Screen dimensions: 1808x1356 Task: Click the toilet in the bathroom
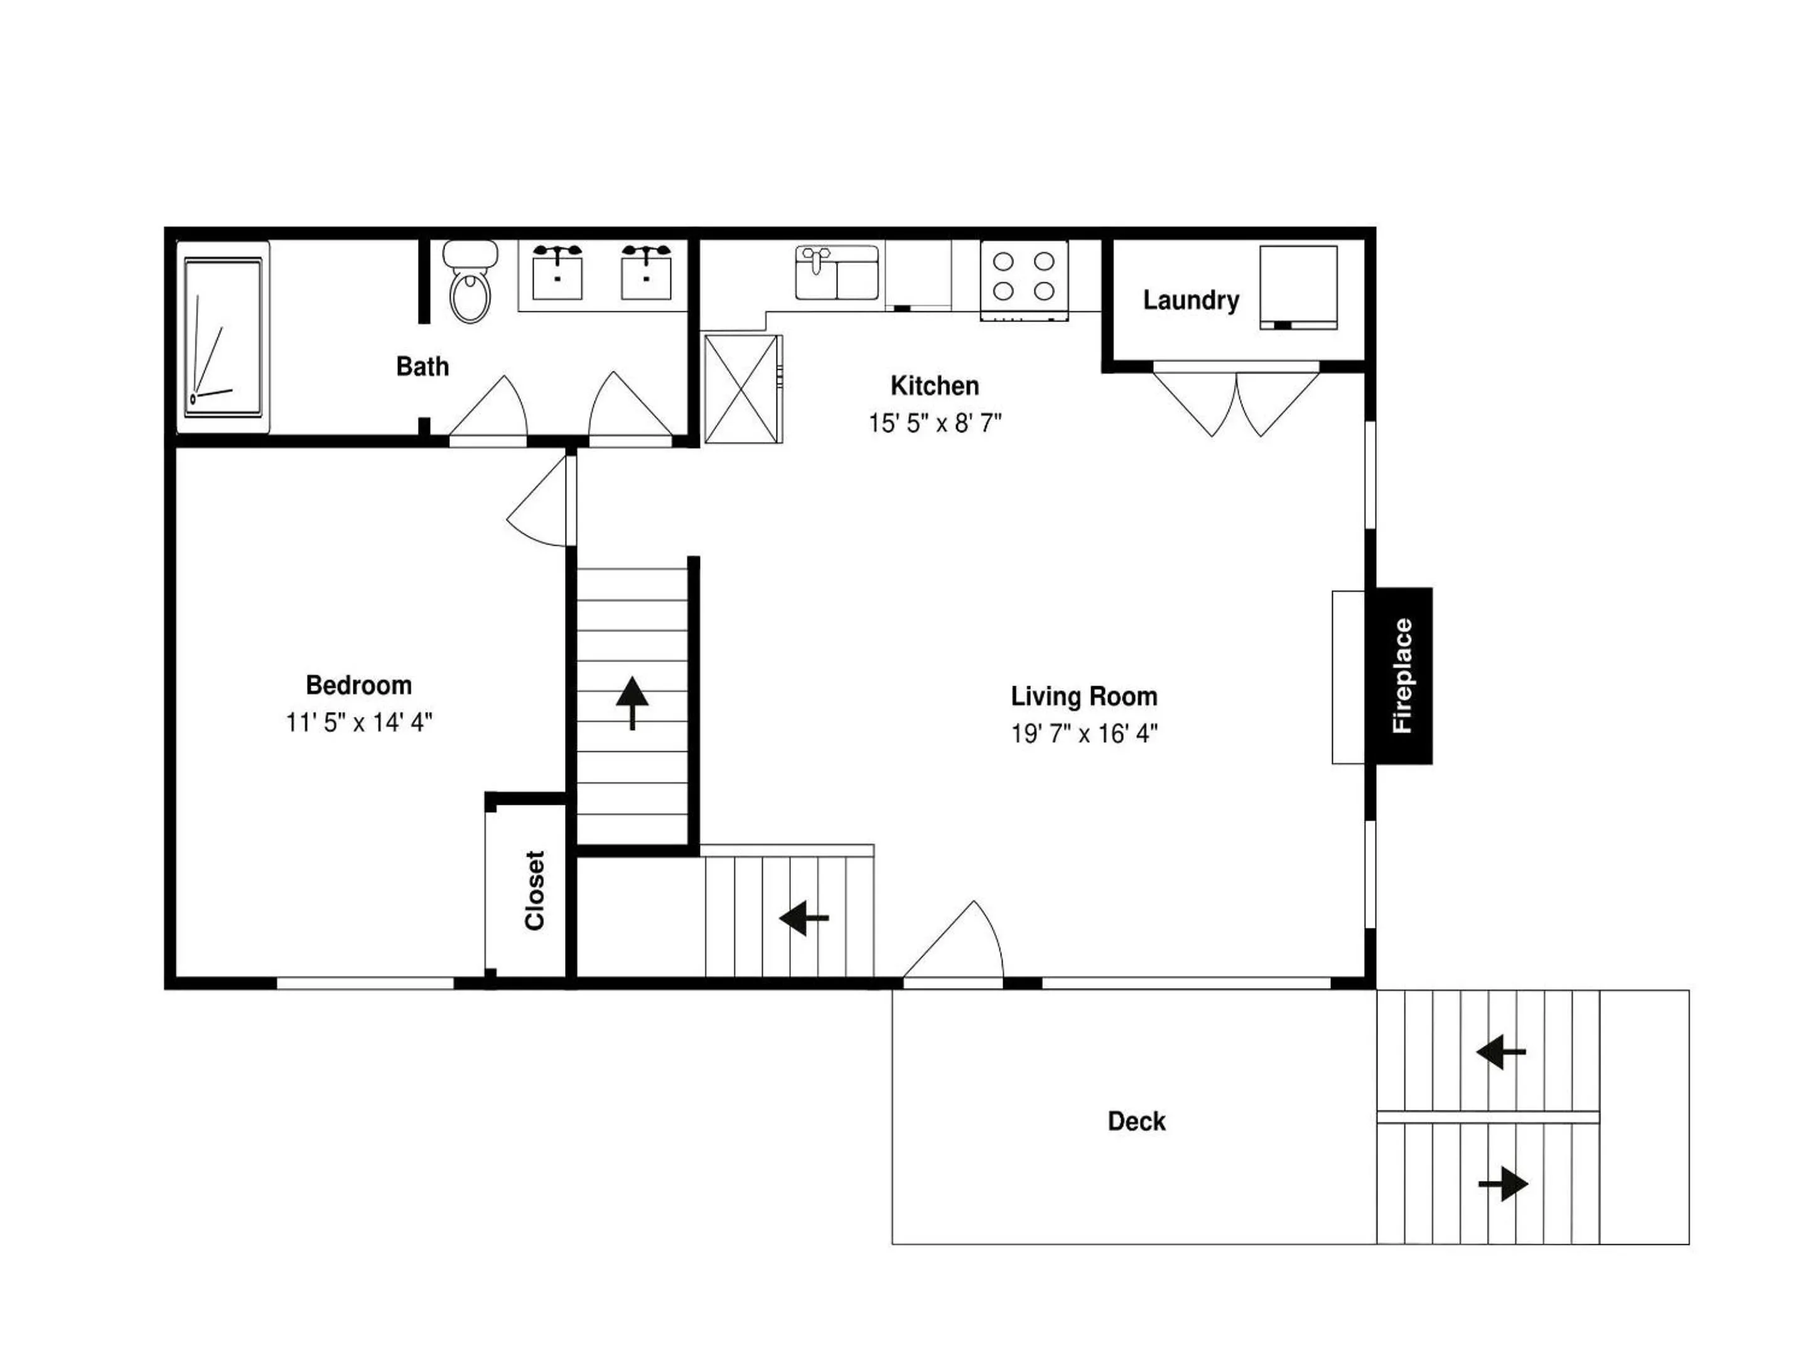pyautogui.click(x=470, y=281)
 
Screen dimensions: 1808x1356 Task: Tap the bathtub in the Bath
pyautogui.click(x=223, y=336)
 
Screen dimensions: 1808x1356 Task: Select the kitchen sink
pyautogui.click(x=836, y=272)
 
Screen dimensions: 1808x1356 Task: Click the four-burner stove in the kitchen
pyautogui.click(x=1024, y=279)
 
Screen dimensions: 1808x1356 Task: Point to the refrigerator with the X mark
pyautogui.click(x=743, y=389)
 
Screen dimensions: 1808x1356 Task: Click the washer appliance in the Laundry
pyautogui.click(x=1298, y=287)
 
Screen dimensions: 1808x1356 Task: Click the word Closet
pyautogui.click(x=535, y=890)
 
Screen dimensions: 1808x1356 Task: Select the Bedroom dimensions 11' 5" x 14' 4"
pyautogui.click(x=359, y=723)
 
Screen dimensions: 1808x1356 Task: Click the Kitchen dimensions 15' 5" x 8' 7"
pyautogui.click(x=935, y=423)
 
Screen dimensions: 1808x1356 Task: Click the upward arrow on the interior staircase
pyautogui.click(x=632, y=702)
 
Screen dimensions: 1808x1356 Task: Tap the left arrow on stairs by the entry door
pyautogui.click(x=804, y=917)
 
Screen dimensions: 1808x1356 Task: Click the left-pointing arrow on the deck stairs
pyautogui.click(x=1500, y=1052)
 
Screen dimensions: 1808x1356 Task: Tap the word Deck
pyautogui.click(x=1136, y=1121)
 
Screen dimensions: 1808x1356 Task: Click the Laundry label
pyautogui.click(x=1191, y=301)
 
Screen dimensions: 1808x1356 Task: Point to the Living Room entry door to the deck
pyautogui.click(x=953, y=940)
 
